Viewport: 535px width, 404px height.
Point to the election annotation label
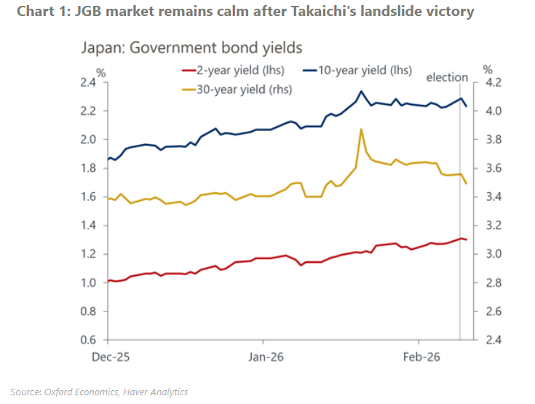click(447, 77)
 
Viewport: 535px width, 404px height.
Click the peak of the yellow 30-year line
click(361, 129)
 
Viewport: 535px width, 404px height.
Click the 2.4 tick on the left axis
click(87, 82)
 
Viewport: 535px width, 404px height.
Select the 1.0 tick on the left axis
click(87, 283)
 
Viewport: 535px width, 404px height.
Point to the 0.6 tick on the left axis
click(87, 340)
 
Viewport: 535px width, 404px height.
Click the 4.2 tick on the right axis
click(494, 82)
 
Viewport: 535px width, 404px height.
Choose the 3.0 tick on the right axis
click(494, 254)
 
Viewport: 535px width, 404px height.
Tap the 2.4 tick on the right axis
click(494, 340)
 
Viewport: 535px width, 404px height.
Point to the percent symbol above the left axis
click(101, 72)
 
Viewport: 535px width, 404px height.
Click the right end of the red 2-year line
click(467, 239)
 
